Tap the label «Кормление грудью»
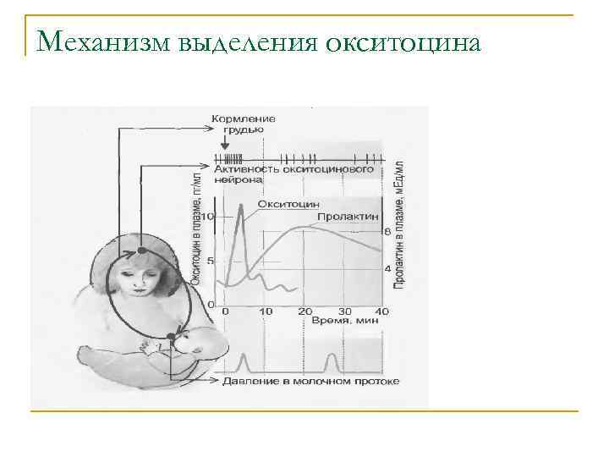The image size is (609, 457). [244, 124]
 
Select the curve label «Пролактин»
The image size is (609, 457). [345, 217]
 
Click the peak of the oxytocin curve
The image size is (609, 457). [241, 206]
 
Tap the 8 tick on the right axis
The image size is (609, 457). [387, 231]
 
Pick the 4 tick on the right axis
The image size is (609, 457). [387, 269]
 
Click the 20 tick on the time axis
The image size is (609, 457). [304, 312]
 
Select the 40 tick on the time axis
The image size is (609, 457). [381, 312]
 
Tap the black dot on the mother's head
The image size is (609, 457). [142, 252]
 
